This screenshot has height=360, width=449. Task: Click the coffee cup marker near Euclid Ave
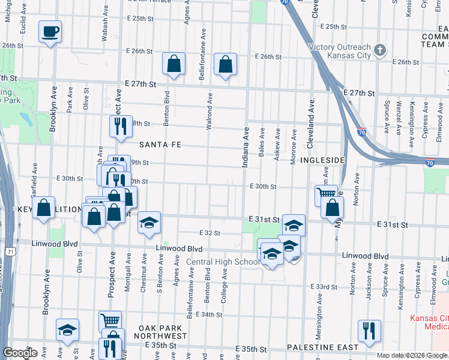pyautogui.click(x=50, y=31)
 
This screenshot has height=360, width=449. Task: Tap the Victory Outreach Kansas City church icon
pyautogui.click(x=379, y=50)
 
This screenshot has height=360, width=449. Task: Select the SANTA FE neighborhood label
pyautogui.click(x=160, y=145)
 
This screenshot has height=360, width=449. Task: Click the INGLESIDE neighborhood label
pyautogui.click(x=322, y=161)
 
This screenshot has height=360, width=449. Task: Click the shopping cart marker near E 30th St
pyautogui.click(x=326, y=194)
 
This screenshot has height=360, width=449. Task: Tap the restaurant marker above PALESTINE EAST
pyautogui.click(x=369, y=331)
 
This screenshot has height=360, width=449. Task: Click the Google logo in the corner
pyautogui.click(x=20, y=353)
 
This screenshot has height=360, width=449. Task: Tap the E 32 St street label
pyautogui.click(x=209, y=233)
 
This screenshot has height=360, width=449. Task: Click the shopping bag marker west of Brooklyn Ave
pyautogui.click(x=44, y=208)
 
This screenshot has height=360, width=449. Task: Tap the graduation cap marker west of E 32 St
pyautogui.click(x=149, y=223)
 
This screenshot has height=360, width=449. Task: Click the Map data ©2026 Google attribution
pyautogui.click(x=412, y=355)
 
